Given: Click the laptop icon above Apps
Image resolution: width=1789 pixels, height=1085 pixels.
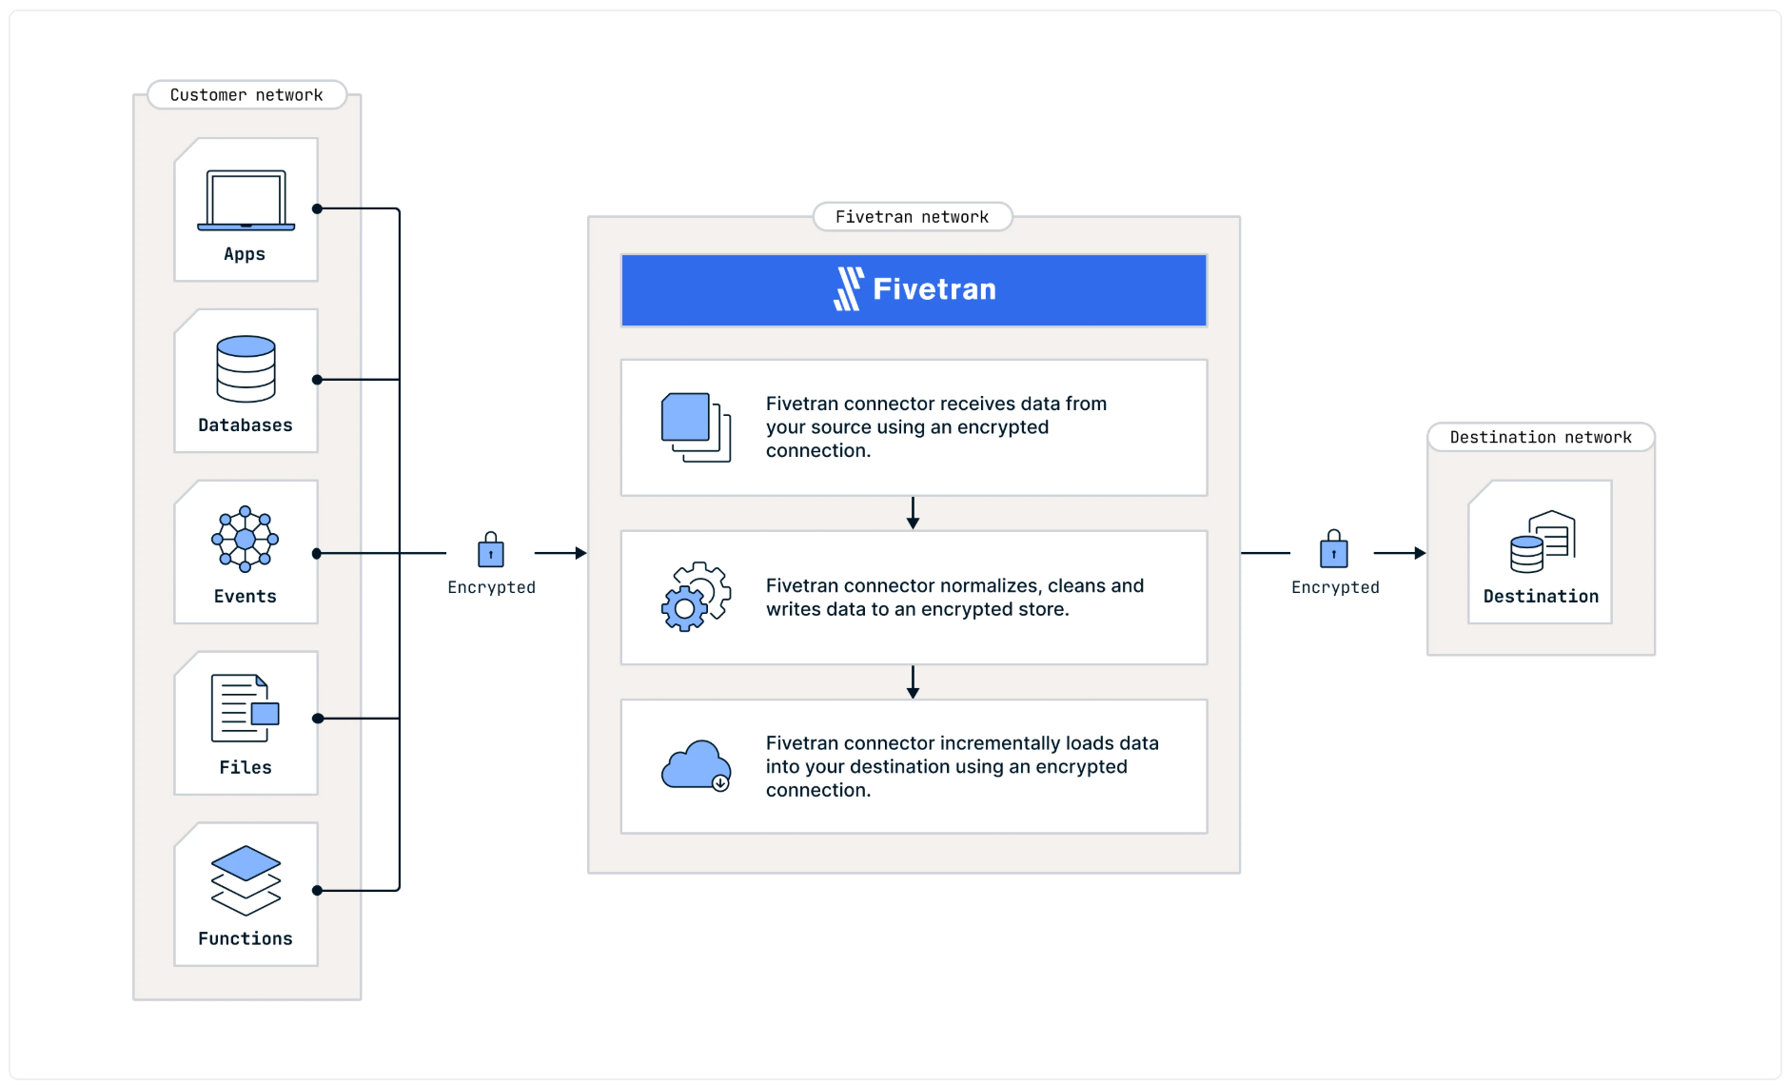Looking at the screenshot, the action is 246,200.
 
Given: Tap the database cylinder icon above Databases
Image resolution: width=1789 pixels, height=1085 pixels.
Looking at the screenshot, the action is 246,368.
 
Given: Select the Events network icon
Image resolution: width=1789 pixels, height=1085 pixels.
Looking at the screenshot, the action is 246,539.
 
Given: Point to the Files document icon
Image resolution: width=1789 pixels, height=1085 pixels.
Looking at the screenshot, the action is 246,708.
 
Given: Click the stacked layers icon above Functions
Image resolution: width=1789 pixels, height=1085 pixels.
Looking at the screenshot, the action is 246,880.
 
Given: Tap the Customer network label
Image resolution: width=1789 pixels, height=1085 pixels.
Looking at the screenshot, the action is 246,95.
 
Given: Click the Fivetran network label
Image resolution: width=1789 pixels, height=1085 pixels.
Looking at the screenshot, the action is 912,217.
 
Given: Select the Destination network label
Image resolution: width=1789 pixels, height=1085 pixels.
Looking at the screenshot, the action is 1541,437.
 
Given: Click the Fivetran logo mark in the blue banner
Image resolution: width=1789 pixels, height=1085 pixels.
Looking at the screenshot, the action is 849,288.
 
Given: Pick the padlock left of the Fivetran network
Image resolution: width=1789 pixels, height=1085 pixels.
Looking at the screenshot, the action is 491,550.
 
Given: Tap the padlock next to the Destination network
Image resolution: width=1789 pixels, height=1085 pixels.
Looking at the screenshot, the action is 1334,549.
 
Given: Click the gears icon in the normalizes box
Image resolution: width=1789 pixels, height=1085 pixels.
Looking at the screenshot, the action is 697,597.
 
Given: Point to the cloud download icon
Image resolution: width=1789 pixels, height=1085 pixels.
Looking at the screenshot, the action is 697,765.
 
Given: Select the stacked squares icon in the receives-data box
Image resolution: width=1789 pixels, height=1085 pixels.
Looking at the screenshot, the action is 697,427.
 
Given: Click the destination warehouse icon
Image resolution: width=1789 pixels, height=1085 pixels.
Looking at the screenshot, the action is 1543,542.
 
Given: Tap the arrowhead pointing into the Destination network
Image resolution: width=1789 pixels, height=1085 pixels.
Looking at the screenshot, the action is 1420,553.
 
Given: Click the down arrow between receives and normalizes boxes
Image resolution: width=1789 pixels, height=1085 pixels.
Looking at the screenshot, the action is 913,513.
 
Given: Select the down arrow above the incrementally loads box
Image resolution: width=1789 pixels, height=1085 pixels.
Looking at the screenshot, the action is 913,682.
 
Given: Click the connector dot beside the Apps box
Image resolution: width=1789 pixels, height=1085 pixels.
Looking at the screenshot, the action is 317,208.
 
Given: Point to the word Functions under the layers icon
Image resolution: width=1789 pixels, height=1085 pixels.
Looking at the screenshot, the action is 246,938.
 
